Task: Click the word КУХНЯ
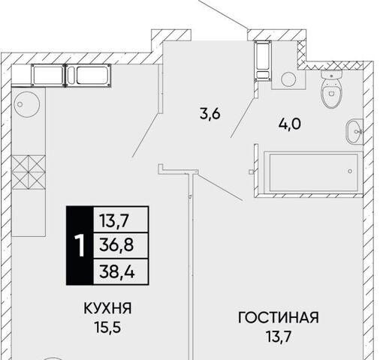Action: [x=107, y=308]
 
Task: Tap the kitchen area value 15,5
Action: [x=107, y=327]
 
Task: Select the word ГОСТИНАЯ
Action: [x=279, y=318]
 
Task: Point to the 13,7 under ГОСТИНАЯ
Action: [x=279, y=337]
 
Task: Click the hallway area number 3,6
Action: [x=210, y=114]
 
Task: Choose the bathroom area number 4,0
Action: [x=289, y=124]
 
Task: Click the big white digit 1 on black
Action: [x=80, y=246]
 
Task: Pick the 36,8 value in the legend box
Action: [x=116, y=244]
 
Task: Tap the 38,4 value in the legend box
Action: [x=117, y=271]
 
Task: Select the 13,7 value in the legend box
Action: [x=114, y=220]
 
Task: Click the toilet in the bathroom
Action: [x=331, y=89]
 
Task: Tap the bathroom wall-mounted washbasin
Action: [x=354, y=131]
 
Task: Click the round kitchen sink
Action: [x=27, y=104]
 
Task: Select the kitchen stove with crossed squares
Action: [x=29, y=172]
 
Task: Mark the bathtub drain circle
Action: [x=350, y=171]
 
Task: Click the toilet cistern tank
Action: [x=331, y=74]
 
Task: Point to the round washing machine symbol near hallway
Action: [x=288, y=79]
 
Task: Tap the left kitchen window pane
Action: [x=48, y=75]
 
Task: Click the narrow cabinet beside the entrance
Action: [x=263, y=61]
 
